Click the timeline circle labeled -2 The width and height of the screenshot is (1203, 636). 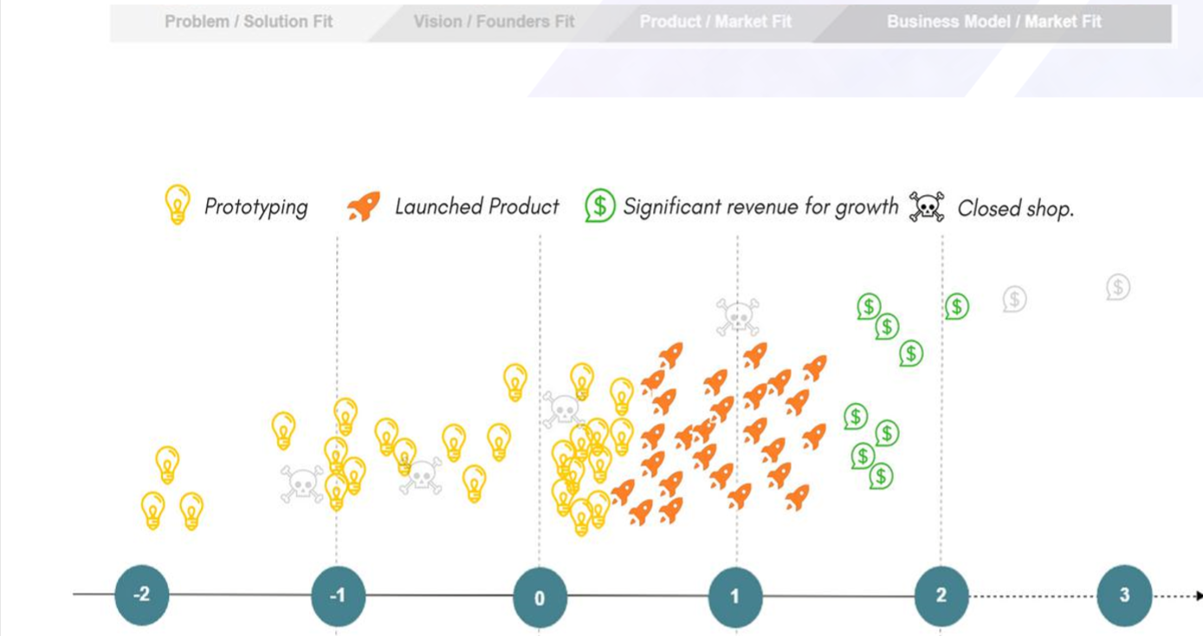pos(142,594)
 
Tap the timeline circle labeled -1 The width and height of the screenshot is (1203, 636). pos(338,596)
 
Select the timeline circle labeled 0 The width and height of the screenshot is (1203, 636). pos(540,597)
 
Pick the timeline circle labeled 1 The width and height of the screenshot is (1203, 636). pos(735,597)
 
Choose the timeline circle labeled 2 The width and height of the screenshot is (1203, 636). pos(941,595)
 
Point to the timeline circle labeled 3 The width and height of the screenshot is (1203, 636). pos(1124,595)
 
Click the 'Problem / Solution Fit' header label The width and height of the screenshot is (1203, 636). pos(249,22)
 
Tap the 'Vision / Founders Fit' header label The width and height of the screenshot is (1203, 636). pos(494,22)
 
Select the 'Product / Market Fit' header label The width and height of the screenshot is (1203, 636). pos(715,22)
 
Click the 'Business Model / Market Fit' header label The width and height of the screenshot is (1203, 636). pos(994,22)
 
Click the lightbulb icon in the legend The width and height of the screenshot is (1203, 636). pos(178,204)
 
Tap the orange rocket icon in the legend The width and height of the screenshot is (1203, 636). pos(364,206)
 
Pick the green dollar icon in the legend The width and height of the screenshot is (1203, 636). pos(600,205)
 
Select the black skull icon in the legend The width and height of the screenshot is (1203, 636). pos(927,206)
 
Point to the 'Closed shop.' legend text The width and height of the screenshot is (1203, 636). pos(1016,209)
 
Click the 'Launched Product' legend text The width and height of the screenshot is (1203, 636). pos(477,206)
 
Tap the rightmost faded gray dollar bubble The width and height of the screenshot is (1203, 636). pos(1118,288)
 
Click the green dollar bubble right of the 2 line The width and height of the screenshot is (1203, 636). pos(957,307)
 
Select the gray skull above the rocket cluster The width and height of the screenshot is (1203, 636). pos(738,317)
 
